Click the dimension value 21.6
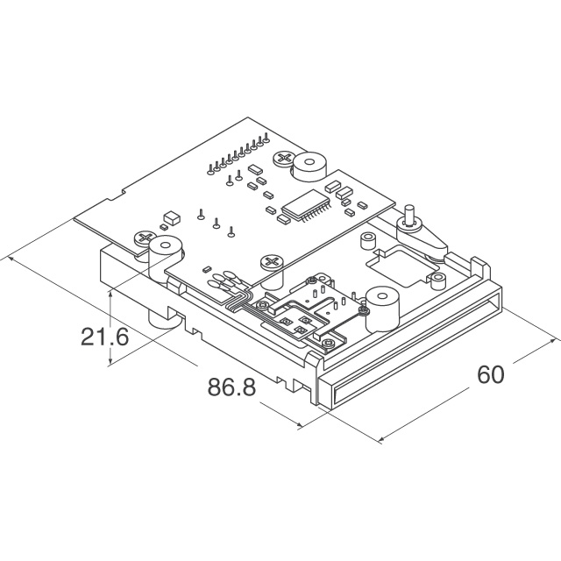[x=104, y=337]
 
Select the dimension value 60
[x=491, y=374]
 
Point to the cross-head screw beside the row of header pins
[x=284, y=159]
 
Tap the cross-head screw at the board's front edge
[x=272, y=261]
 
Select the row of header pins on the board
[x=238, y=153]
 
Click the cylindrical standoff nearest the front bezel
[x=382, y=308]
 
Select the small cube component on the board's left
[x=172, y=218]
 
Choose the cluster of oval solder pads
[x=222, y=280]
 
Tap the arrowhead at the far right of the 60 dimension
[x=554, y=340]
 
